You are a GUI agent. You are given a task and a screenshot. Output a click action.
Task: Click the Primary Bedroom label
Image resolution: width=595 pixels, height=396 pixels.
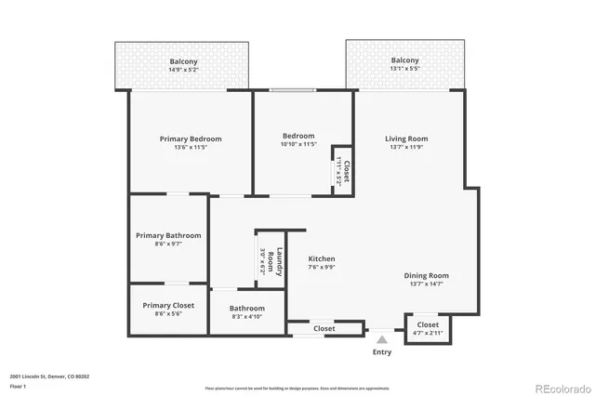pos(190,139)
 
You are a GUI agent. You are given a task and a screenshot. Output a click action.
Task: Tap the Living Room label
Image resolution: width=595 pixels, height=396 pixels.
pos(406,139)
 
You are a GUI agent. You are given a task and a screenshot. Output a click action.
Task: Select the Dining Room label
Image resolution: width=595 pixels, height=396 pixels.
pos(426,275)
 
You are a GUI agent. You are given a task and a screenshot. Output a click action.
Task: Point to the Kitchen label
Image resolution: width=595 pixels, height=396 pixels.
pos(322,259)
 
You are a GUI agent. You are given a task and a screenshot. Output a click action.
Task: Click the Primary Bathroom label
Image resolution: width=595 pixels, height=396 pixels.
pos(168,236)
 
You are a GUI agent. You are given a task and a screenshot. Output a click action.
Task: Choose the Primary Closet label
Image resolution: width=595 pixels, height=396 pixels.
pos(168,305)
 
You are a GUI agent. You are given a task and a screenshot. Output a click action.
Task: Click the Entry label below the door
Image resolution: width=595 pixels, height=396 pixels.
pos(381,351)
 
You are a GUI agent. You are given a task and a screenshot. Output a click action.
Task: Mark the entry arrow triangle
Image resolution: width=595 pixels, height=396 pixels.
pos(381,339)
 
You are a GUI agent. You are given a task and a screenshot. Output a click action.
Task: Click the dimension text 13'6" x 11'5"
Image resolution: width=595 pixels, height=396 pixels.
pos(190,147)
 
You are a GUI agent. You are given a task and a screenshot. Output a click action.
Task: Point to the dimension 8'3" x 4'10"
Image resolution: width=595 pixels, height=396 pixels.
pos(247,316)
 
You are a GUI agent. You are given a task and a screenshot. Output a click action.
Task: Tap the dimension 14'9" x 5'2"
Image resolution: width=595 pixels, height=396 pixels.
pos(182,69)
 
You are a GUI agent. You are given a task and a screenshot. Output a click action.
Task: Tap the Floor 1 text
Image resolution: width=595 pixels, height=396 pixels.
pos(18,386)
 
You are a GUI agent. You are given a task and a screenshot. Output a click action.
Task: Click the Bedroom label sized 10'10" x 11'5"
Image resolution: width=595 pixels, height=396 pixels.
pos(298,136)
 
